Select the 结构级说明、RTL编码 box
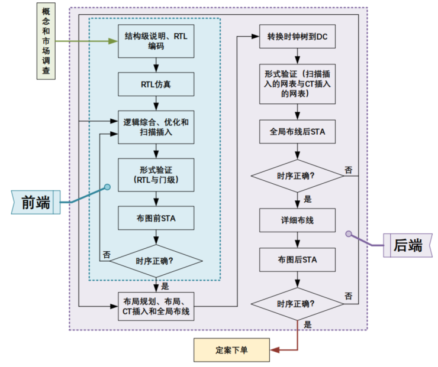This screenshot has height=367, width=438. pos(156,41)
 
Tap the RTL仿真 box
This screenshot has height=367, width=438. pos(156,85)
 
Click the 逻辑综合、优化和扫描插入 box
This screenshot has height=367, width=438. pos(156,127)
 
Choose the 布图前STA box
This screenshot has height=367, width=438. pos(156,218)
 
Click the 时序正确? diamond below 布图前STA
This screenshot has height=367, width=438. pos(156,261)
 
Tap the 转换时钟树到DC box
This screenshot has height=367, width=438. pos(298,37)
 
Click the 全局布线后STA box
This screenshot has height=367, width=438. pos(298,132)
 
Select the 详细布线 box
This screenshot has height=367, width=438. pos(298,220)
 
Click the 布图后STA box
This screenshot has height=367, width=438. pos(298,258)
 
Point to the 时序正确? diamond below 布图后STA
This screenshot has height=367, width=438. pos(298,303)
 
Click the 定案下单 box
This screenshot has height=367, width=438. pos(231,350)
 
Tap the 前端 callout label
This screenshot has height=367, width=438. pos(36,202)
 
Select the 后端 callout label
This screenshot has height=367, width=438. pos(408,245)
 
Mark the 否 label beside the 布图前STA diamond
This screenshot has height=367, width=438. pos(106,255)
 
